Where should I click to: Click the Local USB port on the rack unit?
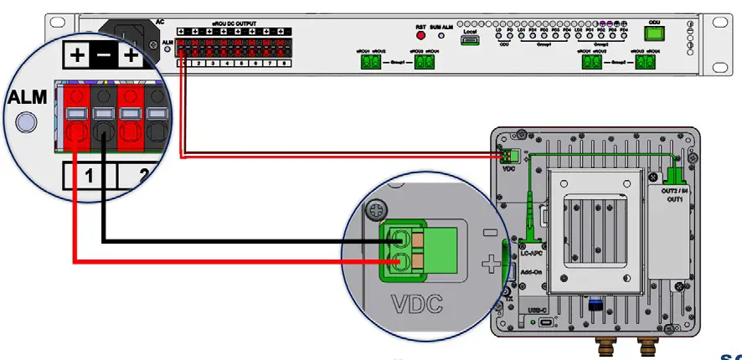(x=470, y=40)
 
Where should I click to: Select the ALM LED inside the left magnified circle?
(x=28, y=125)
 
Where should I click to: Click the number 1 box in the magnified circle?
(x=87, y=175)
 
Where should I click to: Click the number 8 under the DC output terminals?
(x=285, y=63)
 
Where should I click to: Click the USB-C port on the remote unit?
(x=545, y=322)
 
